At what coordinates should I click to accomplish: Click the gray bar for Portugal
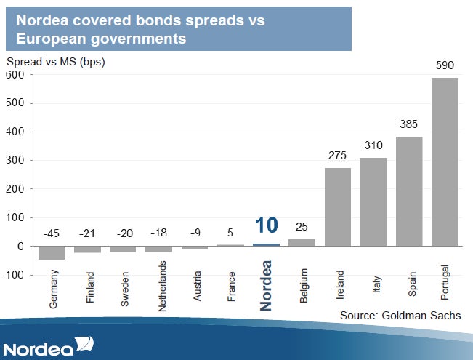tap(445, 162)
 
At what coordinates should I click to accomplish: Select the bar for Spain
tap(409, 191)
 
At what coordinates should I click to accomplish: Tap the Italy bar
tap(373, 202)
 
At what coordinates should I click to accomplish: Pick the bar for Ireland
tap(338, 207)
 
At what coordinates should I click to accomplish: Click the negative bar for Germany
tap(52, 253)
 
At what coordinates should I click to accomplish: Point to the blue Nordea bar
tap(267, 245)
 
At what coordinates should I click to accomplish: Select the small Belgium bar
tap(302, 243)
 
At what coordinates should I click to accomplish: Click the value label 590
tap(445, 65)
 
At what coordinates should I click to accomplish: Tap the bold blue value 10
tap(267, 225)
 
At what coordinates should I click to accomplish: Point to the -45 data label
tap(52, 233)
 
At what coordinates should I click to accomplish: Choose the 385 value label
tap(409, 124)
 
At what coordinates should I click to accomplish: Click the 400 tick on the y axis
tap(15, 132)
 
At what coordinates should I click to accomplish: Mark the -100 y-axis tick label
tap(12, 275)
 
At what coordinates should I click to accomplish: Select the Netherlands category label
tap(162, 286)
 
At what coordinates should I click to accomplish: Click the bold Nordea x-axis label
tap(266, 286)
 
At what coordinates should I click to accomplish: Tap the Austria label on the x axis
tap(197, 286)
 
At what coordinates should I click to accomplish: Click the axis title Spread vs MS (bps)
tap(56, 62)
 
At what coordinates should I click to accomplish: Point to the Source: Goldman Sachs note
tap(400, 316)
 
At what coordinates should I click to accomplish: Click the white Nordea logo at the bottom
tap(48, 346)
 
